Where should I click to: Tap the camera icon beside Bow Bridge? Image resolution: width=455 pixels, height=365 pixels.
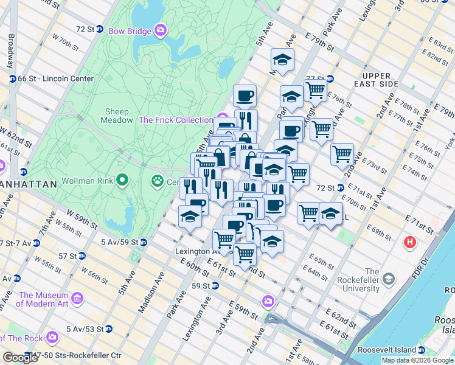point(161,29)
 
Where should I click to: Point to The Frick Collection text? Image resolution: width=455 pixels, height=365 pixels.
point(176,120)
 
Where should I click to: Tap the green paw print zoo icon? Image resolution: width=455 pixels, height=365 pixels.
point(158,181)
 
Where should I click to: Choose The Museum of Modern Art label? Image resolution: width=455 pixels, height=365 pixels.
point(43,299)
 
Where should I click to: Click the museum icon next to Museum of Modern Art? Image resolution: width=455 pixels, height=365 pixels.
point(77,299)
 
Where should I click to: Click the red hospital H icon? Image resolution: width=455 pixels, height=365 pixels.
point(411,243)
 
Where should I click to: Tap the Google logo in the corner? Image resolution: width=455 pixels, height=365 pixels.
point(20,358)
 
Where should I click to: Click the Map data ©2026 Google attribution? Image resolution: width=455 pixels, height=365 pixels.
point(417,360)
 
